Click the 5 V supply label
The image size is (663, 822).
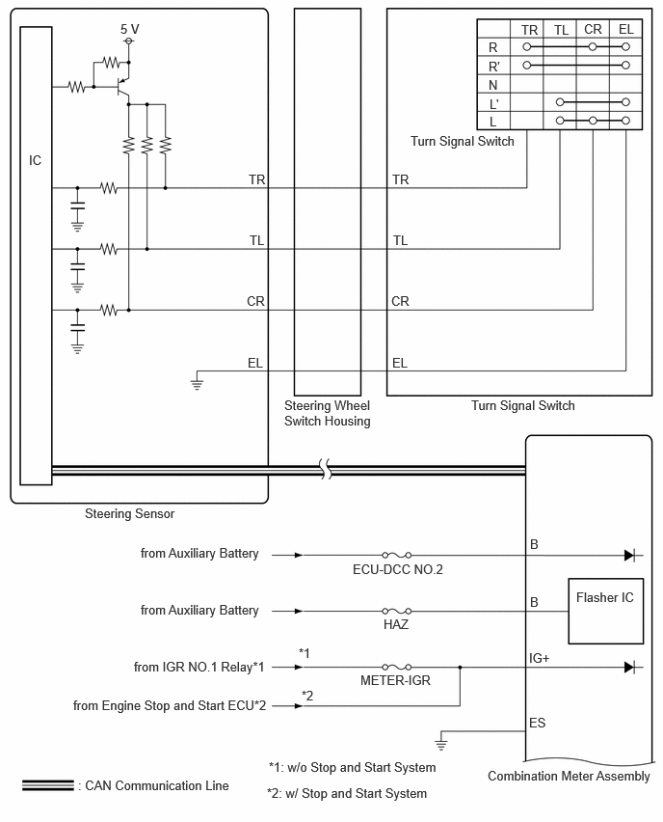pos(130,29)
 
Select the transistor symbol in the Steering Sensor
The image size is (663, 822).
pos(122,87)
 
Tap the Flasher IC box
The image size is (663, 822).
pos(605,611)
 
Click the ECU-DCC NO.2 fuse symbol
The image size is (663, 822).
pos(396,555)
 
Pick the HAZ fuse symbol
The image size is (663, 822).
pos(396,611)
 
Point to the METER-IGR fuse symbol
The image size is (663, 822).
pos(396,667)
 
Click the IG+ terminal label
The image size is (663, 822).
pos(539,658)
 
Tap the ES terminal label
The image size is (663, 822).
pos(538,723)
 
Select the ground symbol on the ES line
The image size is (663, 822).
pos(441,743)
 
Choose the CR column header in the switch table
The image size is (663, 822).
pos(593,29)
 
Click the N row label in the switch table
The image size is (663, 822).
pos(492,85)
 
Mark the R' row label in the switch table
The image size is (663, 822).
pos(493,67)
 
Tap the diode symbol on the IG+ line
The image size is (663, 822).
pos(630,667)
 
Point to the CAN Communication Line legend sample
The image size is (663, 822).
pos(47,785)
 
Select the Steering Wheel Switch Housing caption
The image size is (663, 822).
pos(328,413)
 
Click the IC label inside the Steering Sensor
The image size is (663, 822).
pos(35,160)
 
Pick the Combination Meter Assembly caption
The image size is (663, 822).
pos(569,776)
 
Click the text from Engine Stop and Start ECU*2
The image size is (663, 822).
pos(170,705)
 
